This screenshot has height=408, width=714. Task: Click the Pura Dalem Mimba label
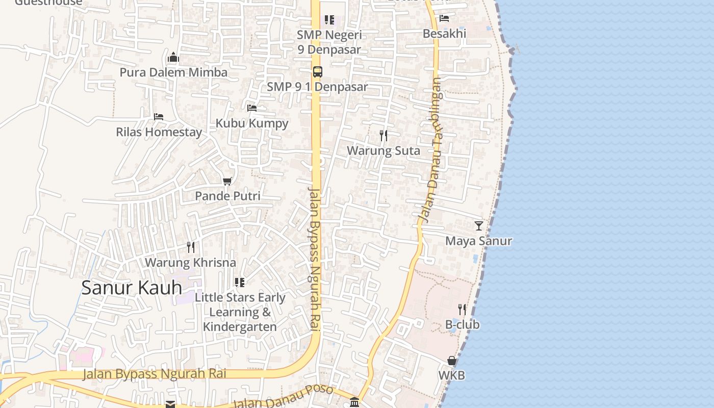coord(173,72)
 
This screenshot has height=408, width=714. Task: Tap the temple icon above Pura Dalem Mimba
coord(173,57)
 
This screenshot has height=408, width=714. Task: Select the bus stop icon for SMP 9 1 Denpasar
coord(317,72)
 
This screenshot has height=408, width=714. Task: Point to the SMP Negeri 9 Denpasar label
coord(329,42)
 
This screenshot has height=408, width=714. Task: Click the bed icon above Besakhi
coord(444,18)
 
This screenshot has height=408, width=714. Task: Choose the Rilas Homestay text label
coord(159,132)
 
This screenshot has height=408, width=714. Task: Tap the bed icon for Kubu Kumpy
coord(251,108)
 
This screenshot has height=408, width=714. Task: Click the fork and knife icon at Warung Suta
coord(384,136)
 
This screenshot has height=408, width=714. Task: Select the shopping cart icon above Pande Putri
coord(227,181)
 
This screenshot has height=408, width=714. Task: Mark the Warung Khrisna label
coord(190,263)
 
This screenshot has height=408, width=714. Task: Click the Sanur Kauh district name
coord(132,288)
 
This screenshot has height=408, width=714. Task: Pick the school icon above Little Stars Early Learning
coord(240,282)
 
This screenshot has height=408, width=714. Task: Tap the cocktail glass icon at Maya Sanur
coord(478,225)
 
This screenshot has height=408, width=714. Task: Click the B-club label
coord(462,325)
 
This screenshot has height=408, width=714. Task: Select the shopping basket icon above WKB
coord(452,361)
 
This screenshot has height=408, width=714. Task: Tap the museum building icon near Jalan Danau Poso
coord(354,402)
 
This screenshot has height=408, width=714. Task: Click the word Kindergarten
coord(240,327)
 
